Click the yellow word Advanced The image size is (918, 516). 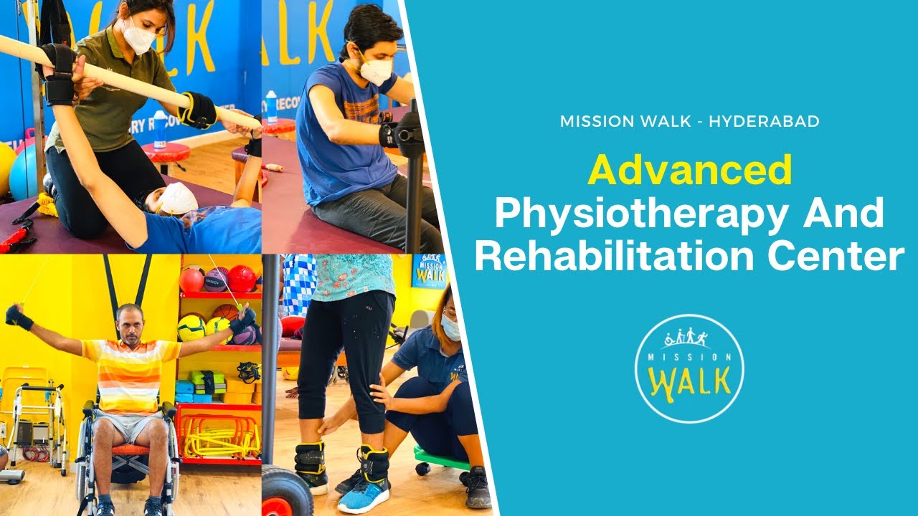[689, 171]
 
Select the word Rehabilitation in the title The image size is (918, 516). [625, 257]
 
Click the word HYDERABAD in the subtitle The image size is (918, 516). [764, 121]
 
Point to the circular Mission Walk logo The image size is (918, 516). [689, 368]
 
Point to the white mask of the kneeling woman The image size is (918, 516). [139, 37]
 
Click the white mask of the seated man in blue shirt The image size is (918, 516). [376, 70]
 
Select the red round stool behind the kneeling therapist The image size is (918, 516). [165, 153]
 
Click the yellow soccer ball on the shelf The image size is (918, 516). [191, 328]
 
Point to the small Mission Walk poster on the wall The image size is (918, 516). [429, 271]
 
